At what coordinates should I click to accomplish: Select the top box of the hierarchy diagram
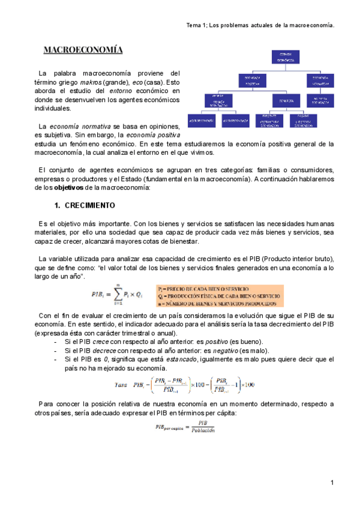(x=278, y=58)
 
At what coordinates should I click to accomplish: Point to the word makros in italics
(x=90, y=82)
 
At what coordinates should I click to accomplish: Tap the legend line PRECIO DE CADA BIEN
(x=210, y=288)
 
